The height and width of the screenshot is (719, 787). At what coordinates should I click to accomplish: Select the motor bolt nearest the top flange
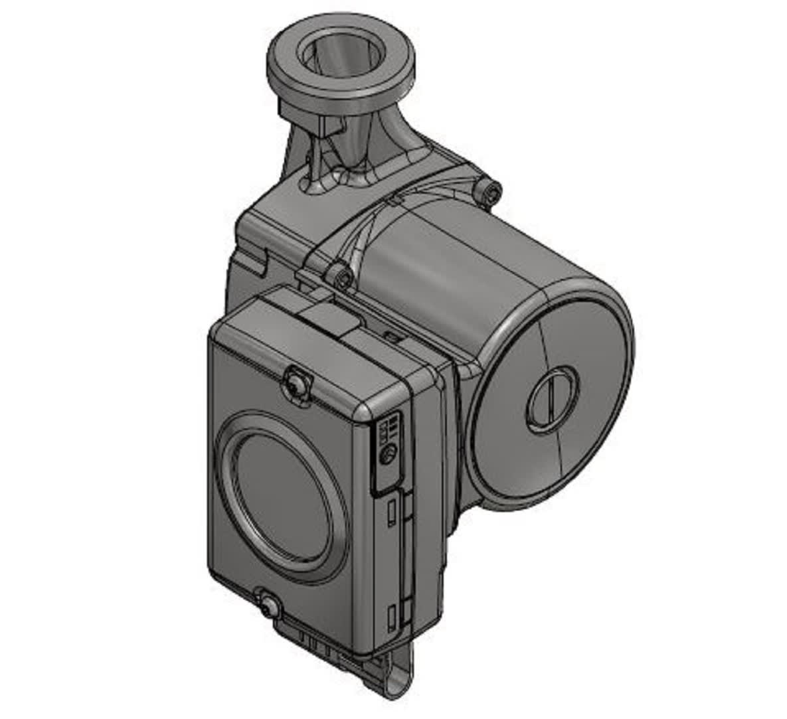pyautogui.click(x=491, y=191)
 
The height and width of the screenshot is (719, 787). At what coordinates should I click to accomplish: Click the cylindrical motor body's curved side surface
pyautogui.click(x=465, y=266)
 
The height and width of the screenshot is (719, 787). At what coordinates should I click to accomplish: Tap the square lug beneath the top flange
pyautogui.click(x=324, y=127)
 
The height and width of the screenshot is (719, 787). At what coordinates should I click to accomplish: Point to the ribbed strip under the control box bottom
pyautogui.click(x=319, y=641)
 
